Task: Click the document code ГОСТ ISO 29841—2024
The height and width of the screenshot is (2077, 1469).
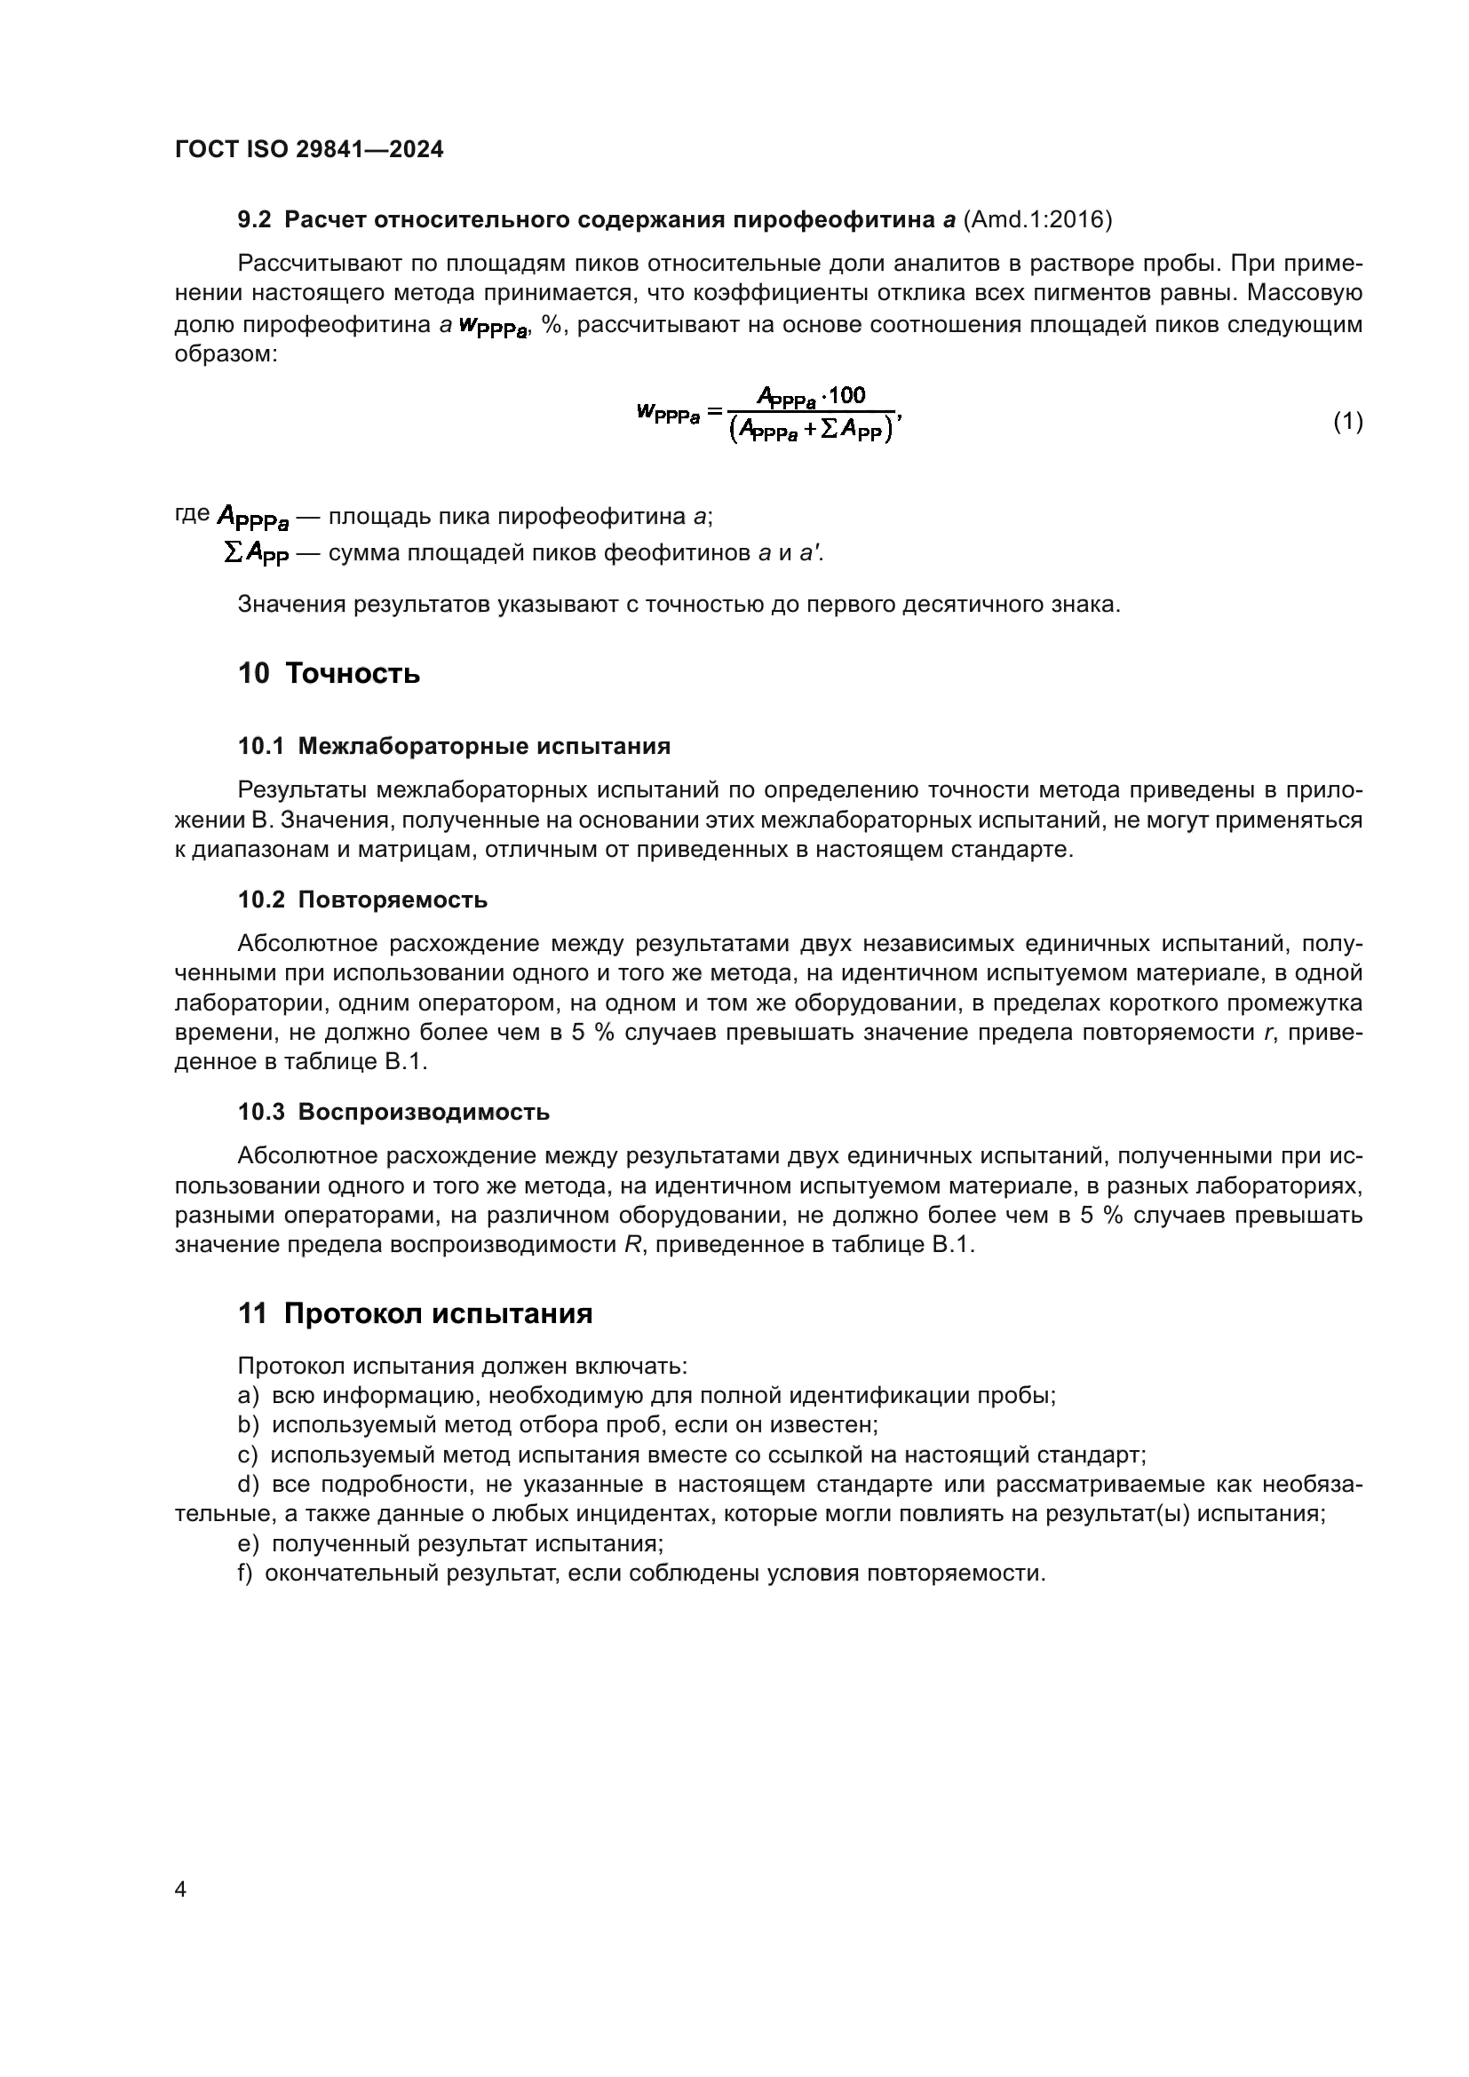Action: tap(308, 150)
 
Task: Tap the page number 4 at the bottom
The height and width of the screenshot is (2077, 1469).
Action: tap(181, 1890)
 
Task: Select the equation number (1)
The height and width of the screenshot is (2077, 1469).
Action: tap(1348, 421)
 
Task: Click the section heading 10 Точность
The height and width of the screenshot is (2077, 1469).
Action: tap(330, 674)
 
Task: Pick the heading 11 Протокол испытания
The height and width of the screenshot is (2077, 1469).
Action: tap(415, 1313)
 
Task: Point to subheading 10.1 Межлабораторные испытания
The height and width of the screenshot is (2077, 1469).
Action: tap(454, 746)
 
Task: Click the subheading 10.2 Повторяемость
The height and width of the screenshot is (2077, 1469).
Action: tap(362, 900)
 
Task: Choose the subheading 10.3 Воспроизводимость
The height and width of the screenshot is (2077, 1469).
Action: tap(393, 1112)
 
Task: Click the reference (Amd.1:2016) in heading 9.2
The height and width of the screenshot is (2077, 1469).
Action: tap(1037, 220)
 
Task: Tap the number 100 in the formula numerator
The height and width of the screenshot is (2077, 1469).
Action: tap(846, 395)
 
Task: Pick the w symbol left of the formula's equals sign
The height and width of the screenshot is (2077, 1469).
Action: tap(646, 413)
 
